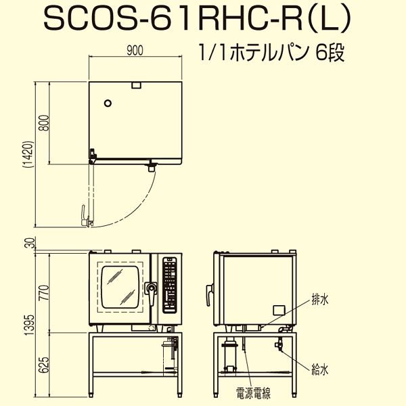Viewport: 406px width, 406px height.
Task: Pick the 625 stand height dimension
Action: coord(44,365)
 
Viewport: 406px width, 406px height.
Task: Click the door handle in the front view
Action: coord(152,290)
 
